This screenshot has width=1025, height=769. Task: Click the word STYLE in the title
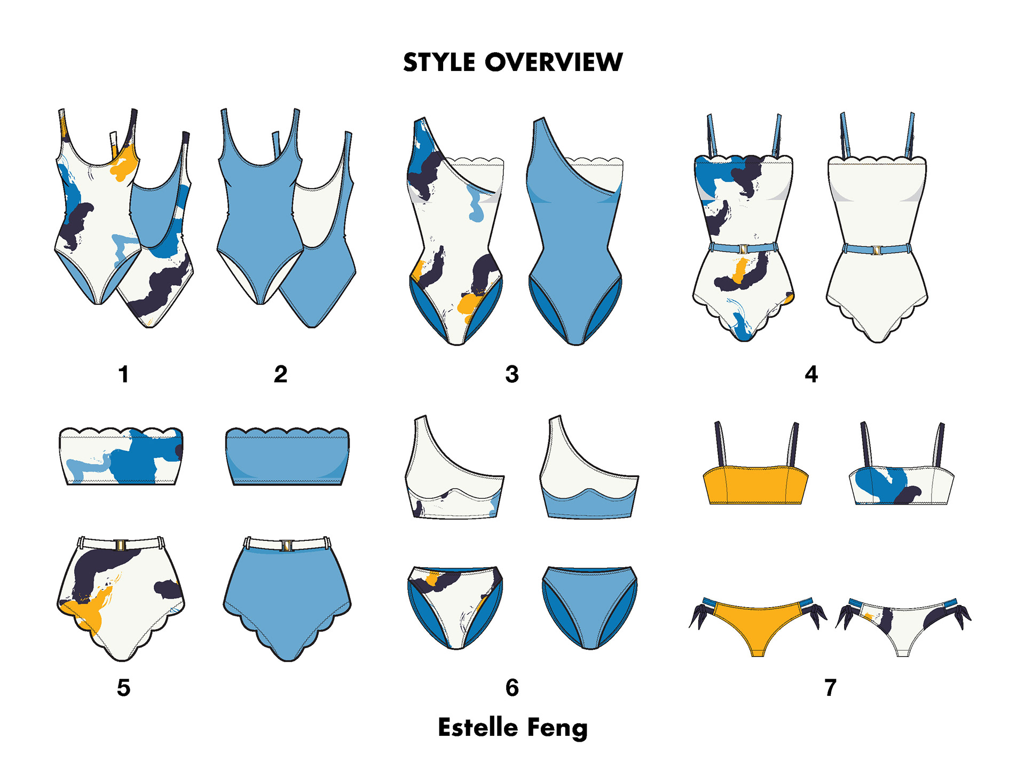[x=438, y=62]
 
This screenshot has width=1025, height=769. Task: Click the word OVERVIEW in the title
[x=554, y=62]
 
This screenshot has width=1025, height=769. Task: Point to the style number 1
[x=123, y=374]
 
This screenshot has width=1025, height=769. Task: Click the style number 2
[x=280, y=374]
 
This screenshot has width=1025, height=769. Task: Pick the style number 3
[x=512, y=374]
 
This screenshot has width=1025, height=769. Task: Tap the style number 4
[x=811, y=374]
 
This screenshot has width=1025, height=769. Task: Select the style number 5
[x=123, y=688]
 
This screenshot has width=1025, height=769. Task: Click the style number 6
[x=512, y=688]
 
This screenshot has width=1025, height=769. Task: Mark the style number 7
[x=830, y=688]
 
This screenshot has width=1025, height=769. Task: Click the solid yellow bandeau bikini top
[x=755, y=485]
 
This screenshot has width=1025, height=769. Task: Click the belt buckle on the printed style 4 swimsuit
[x=743, y=249]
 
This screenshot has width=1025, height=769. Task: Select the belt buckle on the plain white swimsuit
[x=877, y=250]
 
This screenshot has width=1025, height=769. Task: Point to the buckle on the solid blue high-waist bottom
[x=287, y=545]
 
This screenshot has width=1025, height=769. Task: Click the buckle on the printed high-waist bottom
[x=121, y=545]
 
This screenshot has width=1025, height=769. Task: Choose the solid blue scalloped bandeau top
[x=287, y=457]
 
